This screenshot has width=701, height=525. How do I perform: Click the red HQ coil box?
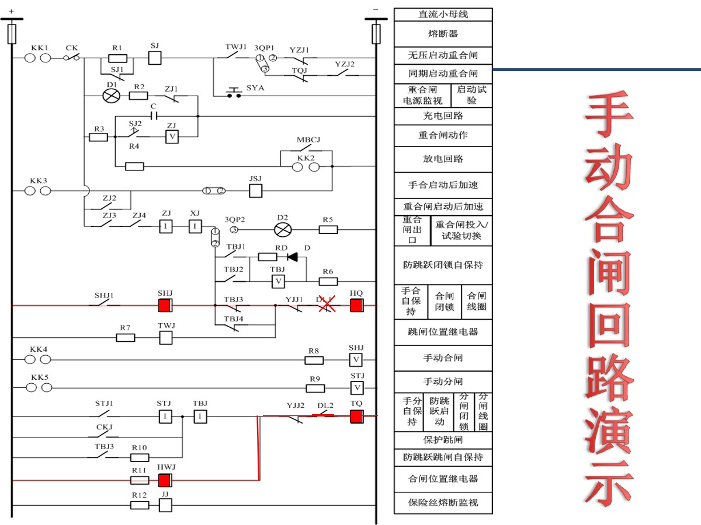click(356, 305)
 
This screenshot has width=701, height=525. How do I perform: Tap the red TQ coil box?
click(356, 416)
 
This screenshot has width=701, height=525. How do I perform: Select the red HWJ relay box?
click(165, 480)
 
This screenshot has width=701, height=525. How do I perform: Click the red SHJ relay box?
click(165, 305)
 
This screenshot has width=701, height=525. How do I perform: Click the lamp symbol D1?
click(111, 96)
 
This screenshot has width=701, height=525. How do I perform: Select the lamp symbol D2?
click(283, 229)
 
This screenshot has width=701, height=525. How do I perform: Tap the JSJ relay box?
click(256, 191)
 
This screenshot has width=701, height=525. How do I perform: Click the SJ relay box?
click(155, 58)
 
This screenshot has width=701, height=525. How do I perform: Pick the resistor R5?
click(328, 229)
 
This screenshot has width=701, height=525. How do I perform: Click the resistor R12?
click(140, 505)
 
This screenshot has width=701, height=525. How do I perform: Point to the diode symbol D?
click(292, 257)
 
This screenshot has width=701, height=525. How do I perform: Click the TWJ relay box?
click(166, 337)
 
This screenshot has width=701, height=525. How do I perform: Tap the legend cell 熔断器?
click(443, 34)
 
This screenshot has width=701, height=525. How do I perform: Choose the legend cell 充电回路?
click(443, 116)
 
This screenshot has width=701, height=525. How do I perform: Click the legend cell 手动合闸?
click(443, 358)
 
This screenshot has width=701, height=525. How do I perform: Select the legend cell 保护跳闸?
click(443, 440)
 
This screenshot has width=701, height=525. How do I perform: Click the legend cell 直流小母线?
click(443, 15)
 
